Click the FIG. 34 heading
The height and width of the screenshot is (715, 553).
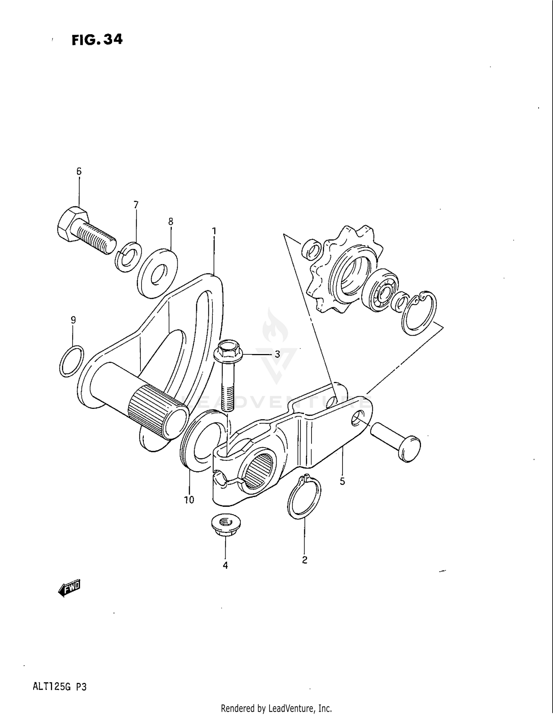point(97,39)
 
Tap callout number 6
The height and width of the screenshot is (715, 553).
point(79,171)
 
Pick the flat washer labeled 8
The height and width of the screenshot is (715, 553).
point(158,273)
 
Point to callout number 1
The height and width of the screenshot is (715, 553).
point(214,231)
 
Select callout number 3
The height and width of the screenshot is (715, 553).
point(277,354)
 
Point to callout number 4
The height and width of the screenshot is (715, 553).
point(225,565)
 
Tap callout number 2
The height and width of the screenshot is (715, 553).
point(305,560)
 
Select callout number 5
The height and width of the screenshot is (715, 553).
point(342,481)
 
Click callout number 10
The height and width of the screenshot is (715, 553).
point(189,500)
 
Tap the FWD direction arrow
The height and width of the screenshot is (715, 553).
point(70,588)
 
